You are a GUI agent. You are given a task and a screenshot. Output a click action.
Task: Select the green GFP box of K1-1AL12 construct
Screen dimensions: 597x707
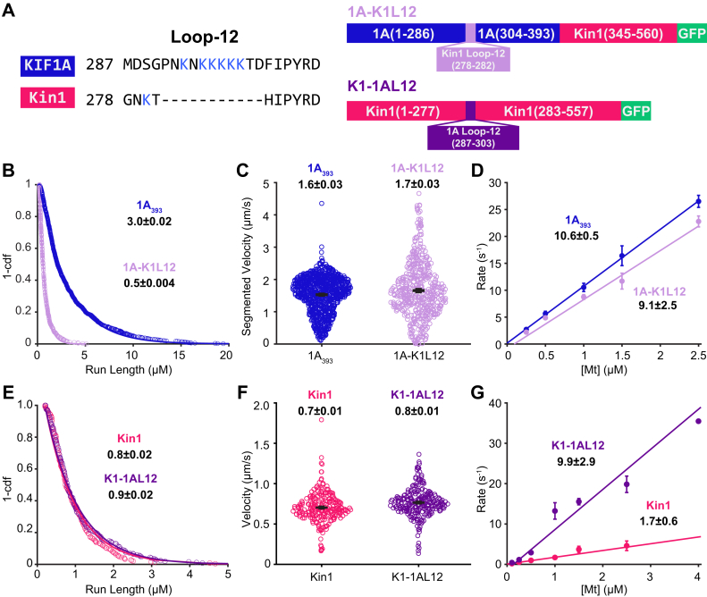point(635,111)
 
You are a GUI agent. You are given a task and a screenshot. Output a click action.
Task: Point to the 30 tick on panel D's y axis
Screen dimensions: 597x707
point(496,185)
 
